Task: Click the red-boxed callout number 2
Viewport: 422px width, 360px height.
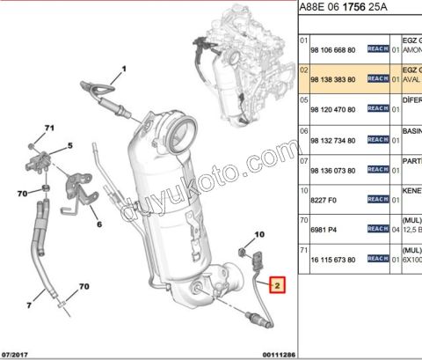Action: pyautogui.click(x=276, y=284)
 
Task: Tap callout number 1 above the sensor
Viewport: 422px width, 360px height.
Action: pyautogui.click(x=125, y=69)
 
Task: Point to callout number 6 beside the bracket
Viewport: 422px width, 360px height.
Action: pyautogui.click(x=98, y=224)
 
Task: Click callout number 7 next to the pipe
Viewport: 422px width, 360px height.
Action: pyautogui.click(x=29, y=304)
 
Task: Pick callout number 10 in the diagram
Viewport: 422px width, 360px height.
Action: pyautogui.click(x=258, y=235)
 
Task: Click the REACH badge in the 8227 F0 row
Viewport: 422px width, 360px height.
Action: pyautogui.click(x=377, y=199)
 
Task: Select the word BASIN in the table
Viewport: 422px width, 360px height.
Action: pyautogui.click(x=410, y=133)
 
